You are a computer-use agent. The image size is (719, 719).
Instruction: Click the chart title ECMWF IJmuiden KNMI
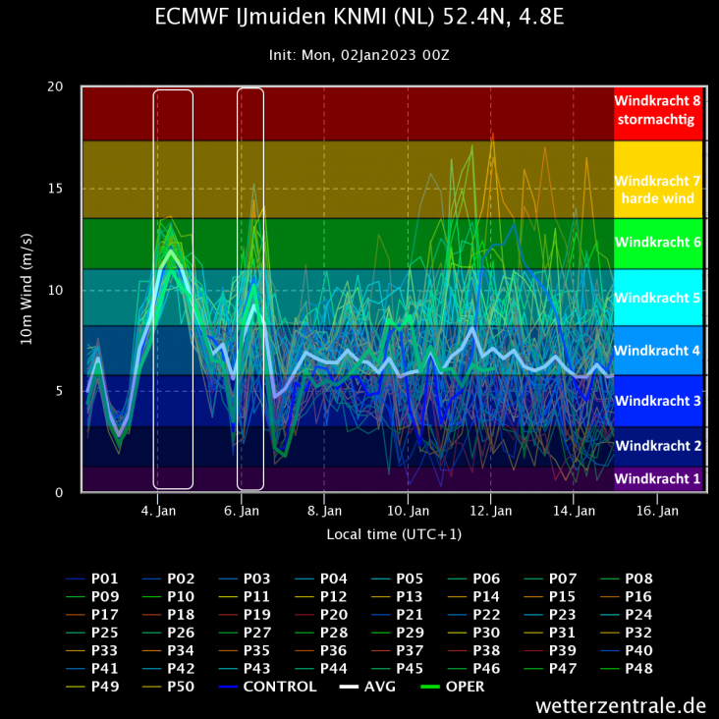[359, 18]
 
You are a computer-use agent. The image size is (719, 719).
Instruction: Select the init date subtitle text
[359, 55]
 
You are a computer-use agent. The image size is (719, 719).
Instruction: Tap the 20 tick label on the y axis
[56, 87]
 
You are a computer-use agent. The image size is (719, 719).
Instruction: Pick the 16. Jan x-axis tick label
[657, 511]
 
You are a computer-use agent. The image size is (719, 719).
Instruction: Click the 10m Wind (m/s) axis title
[27, 289]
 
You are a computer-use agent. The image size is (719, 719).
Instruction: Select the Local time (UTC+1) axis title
[394, 534]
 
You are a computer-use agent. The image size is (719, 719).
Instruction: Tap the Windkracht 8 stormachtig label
[657, 110]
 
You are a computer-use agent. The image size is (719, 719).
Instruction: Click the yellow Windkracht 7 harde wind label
[657, 190]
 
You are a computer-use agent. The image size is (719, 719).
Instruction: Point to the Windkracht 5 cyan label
[657, 297]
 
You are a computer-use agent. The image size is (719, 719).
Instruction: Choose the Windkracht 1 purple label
[657, 478]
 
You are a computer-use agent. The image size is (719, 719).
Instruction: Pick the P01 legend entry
[104, 579]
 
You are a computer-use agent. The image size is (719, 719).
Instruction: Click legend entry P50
[181, 687]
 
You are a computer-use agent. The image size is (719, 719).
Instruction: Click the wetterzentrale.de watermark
[621, 705]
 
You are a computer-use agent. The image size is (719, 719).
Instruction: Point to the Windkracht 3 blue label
[657, 401]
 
